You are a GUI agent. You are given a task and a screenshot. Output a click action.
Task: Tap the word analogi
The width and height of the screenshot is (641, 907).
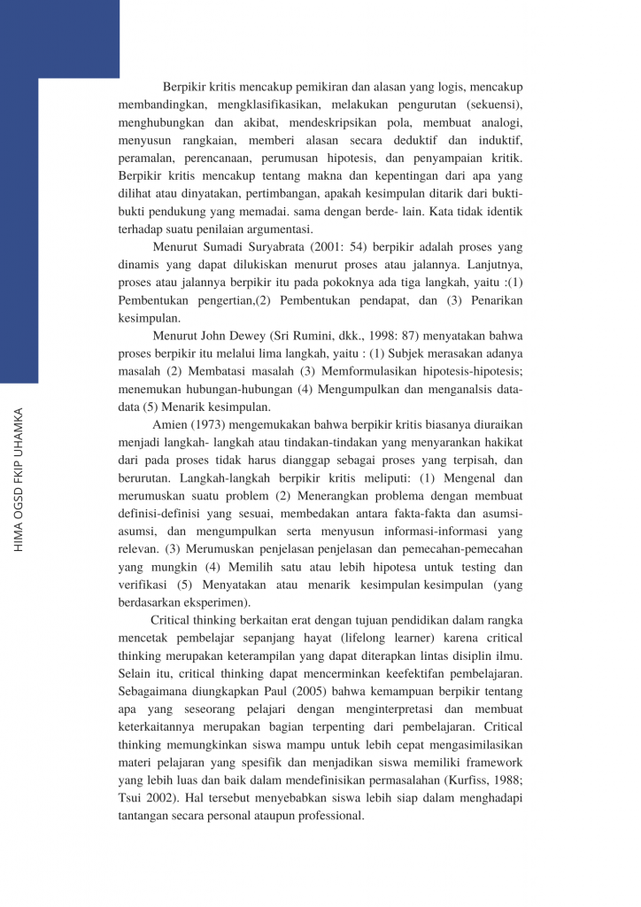[x=498, y=123]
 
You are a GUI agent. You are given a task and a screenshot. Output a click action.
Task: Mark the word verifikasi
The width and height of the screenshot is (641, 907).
[x=142, y=585]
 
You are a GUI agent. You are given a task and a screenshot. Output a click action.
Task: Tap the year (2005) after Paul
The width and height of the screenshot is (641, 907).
[x=290, y=691]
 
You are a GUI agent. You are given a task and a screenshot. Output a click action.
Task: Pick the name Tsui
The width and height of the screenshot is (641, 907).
[x=133, y=797]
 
